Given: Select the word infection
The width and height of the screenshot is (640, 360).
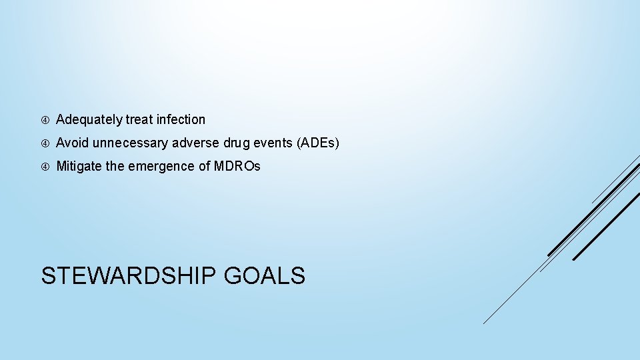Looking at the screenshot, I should point(181,120).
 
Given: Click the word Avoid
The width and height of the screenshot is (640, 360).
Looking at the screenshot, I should point(73,143).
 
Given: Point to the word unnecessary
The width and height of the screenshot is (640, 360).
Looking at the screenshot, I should point(131,143).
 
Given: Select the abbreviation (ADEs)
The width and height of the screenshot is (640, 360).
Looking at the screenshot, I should point(317,143).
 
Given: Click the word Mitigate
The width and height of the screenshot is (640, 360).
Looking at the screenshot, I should point(79,167).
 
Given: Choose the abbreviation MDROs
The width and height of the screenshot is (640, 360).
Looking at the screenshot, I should point(237,167).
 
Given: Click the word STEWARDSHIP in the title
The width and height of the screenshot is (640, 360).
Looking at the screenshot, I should point(129,275).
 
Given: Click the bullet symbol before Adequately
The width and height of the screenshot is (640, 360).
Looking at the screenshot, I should point(45,121).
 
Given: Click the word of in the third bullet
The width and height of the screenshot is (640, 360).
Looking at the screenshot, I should point(204,167).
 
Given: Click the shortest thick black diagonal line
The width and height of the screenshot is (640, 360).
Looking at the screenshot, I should point(606,227).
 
